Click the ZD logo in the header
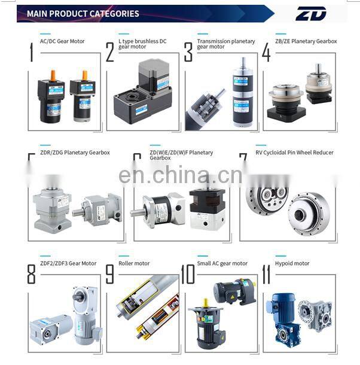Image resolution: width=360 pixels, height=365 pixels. (311, 13)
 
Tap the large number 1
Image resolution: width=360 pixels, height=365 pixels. (31, 52)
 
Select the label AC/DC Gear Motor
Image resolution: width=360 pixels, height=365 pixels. (62, 41)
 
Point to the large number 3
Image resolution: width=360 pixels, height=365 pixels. (188, 52)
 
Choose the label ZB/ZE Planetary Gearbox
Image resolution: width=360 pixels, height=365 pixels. (306, 41)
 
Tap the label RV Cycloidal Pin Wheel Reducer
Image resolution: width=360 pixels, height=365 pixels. (294, 153)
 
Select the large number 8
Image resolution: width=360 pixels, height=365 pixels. (31, 273)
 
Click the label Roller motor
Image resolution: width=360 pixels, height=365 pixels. (134, 263)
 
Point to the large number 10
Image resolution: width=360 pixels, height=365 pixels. (188, 273)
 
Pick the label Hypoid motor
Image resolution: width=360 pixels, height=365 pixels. (293, 263)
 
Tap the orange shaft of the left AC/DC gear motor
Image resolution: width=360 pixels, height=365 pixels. (52, 75)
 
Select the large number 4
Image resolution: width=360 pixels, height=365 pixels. (266, 52)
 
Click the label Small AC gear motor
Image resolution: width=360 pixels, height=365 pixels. (222, 263)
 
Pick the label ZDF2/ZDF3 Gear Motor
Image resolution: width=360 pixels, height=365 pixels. (68, 263)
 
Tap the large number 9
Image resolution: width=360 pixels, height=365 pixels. (109, 273)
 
